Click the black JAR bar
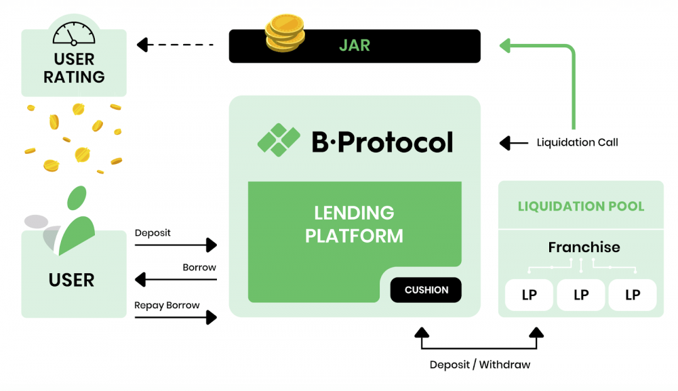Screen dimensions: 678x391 coord(355,46)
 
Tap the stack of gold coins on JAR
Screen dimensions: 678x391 coord(285,33)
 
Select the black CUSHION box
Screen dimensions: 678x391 coord(426,290)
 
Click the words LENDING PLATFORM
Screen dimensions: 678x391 coord(354,224)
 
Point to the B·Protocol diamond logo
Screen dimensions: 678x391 coord(279,140)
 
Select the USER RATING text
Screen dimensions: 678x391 coord(74,68)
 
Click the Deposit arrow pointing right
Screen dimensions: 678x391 coord(176,245)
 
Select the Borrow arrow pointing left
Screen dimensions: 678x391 coord(176,280)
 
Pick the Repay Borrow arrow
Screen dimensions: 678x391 coord(176,318)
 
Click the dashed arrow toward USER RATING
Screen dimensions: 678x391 coord(175,45)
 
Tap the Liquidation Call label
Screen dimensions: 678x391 coord(577,142)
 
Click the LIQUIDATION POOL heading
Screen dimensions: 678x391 coord(581,206)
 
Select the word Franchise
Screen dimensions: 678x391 coord(584,247)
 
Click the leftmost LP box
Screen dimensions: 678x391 coord(530,295)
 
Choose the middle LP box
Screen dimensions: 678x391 coord(581,295)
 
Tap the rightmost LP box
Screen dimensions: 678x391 coord(633,295)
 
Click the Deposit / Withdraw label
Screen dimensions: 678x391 coord(480,365)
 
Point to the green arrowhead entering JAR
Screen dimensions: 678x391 coord(505,45)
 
